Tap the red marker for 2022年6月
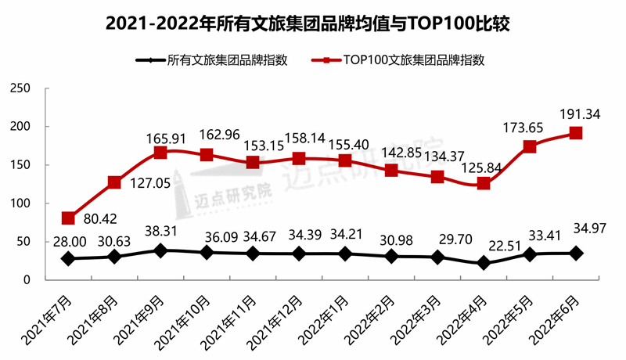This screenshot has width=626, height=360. click(575, 133)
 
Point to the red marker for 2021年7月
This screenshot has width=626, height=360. click(68, 218)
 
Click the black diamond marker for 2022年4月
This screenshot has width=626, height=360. click(484, 263)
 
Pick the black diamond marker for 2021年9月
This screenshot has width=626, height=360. click(160, 250)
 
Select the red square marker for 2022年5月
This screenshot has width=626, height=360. click(530, 146)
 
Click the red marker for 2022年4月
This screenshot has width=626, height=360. click(484, 183)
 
